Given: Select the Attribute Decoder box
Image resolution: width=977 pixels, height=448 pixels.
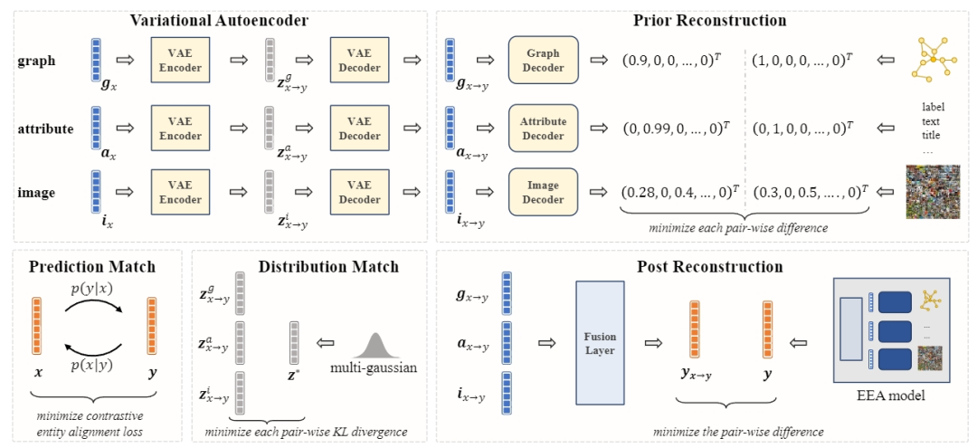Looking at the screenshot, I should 543,129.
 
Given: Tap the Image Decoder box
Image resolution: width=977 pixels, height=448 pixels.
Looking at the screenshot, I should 543,192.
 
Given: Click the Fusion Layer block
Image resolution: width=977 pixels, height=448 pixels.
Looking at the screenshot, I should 599,342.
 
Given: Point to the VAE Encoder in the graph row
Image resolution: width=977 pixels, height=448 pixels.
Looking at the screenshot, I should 181,61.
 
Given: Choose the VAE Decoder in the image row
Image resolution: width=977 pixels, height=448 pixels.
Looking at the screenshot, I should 359,192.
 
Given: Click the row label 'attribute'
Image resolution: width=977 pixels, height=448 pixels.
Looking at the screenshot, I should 45,129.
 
